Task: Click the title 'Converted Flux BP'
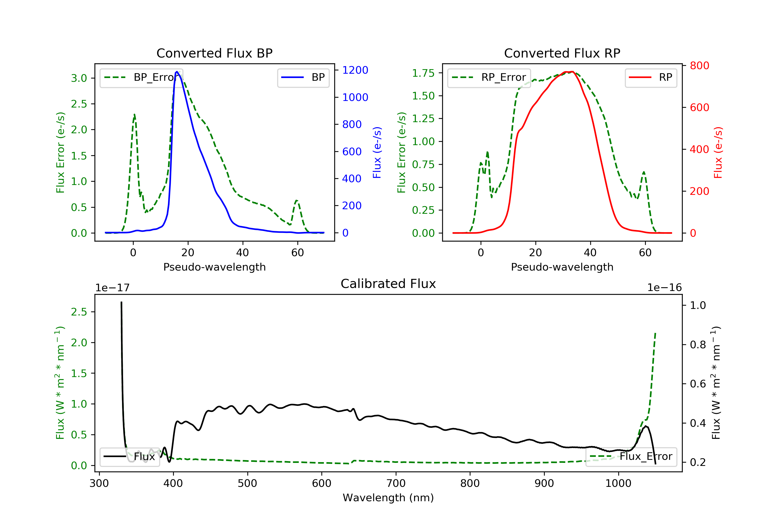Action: click(x=214, y=53)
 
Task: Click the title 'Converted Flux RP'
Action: click(x=562, y=53)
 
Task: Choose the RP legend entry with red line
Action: click(x=651, y=77)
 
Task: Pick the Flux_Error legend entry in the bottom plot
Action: click(x=631, y=457)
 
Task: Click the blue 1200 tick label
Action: click(x=355, y=70)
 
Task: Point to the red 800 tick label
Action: click(x=699, y=66)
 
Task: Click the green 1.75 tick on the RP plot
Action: click(x=423, y=73)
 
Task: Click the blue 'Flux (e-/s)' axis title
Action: click(x=377, y=152)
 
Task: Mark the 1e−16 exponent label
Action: click(x=664, y=288)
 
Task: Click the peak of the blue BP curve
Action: click(x=177, y=72)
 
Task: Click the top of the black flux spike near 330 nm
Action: click(x=121, y=302)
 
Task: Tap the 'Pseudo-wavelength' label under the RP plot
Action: click(x=562, y=267)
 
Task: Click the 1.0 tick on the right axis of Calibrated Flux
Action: click(x=698, y=305)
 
